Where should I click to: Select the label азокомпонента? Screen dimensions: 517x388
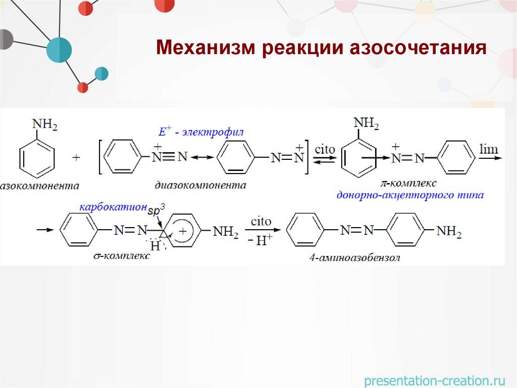tap(40, 186)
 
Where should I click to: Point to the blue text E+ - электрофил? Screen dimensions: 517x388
tap(200, 133)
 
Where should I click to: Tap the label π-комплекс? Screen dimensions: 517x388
tap(409, 183)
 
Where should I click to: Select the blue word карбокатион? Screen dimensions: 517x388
tap(112, 208)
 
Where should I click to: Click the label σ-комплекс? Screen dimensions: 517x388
tap(122, 256)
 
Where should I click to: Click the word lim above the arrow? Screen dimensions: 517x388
tap(488, 150)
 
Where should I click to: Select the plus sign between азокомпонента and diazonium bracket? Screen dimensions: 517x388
tap(76, 158)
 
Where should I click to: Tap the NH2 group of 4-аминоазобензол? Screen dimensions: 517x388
tap(449, 231)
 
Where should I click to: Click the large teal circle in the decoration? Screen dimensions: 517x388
tap(59, 50)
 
